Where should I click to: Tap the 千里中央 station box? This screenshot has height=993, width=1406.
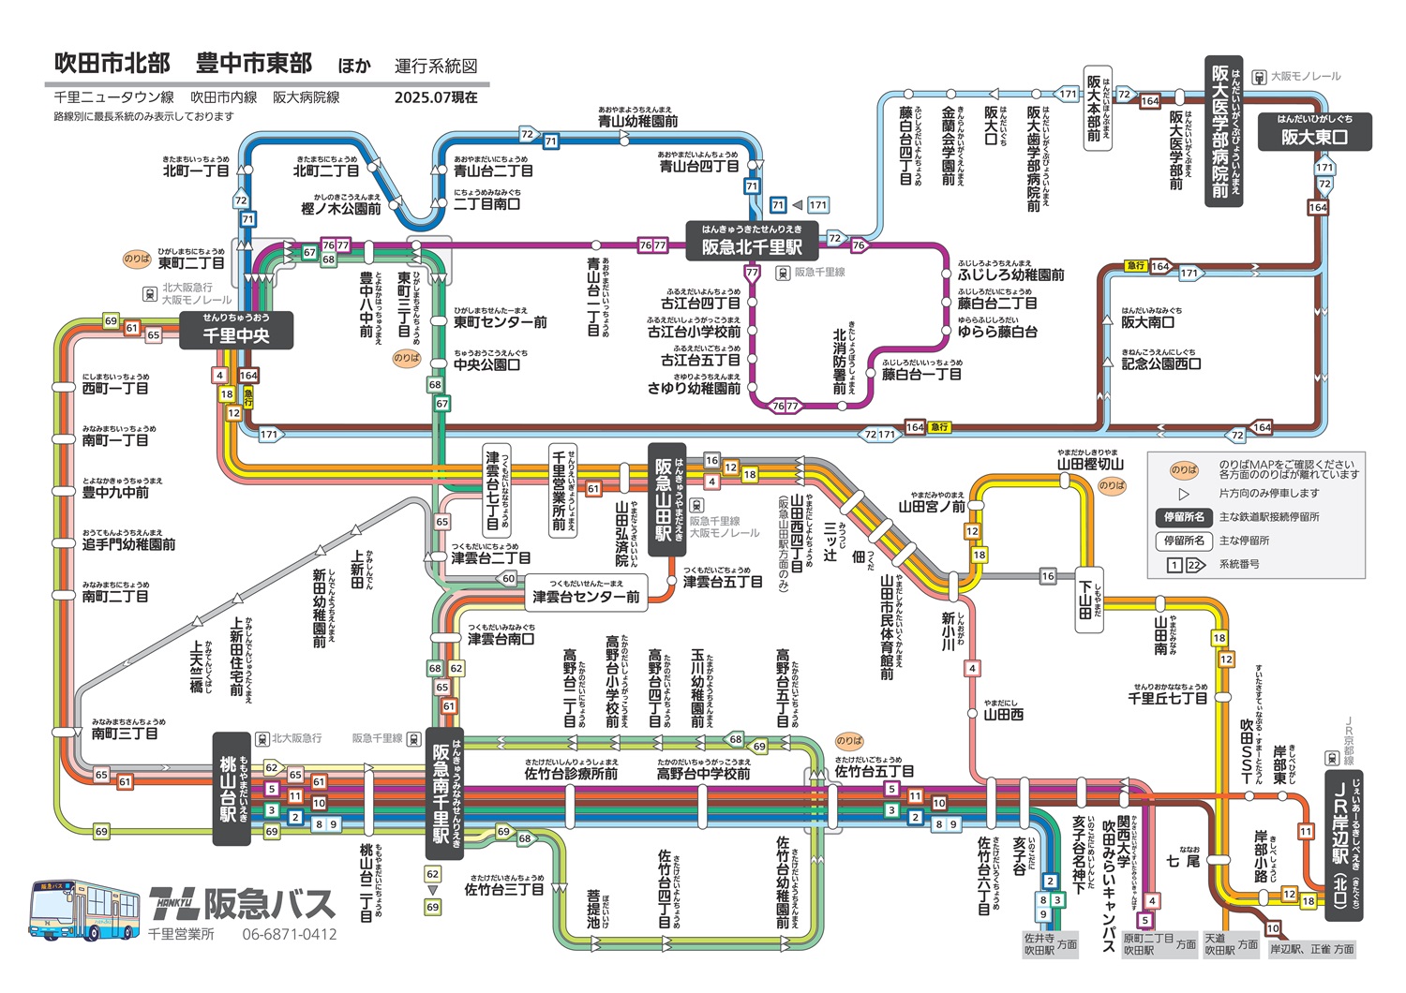(x=236, y=330)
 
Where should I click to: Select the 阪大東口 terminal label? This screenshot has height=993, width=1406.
(x=1314, y=131)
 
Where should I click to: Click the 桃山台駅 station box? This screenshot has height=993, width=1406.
(x=232, y=789)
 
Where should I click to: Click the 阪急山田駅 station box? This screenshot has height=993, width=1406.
(x=667, y=499)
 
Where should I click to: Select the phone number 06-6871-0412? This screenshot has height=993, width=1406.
(x=289, y=934)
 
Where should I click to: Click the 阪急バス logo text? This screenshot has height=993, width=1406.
(x=242, y=903)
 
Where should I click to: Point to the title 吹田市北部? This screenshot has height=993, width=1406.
(x=112, y=64)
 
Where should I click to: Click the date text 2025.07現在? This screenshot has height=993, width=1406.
(x=436, y=96)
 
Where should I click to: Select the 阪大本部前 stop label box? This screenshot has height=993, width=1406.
(x=1097, y=109)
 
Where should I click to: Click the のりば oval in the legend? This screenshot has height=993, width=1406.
(x=1184, y=470)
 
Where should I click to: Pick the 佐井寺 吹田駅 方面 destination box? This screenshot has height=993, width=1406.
(x=1049, y=943)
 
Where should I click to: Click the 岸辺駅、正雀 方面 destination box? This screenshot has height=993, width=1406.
(x=1311, y=948)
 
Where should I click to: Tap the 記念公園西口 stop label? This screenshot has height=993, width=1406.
(x=1160, y=363)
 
